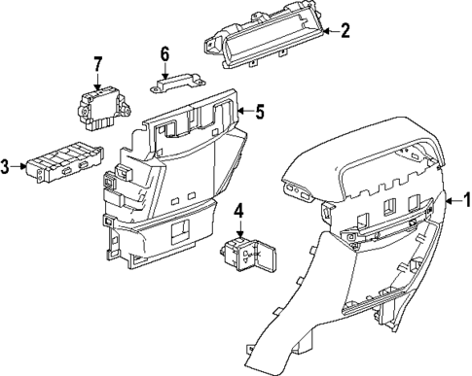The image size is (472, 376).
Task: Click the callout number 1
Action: point(465,202)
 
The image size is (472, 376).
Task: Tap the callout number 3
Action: point(7,167)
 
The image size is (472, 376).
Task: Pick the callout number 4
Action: point(239,208)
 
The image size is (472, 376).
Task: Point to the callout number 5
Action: point(260,112)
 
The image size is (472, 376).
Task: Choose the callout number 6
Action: point(164,53)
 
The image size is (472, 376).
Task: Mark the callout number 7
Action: point(97,65)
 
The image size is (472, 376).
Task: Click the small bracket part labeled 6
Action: point(171,84)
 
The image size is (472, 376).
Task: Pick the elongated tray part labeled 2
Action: point(263,46)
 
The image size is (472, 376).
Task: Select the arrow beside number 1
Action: point(451,202)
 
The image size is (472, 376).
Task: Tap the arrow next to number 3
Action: point(21,167)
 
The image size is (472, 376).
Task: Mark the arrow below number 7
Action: point(97,80)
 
